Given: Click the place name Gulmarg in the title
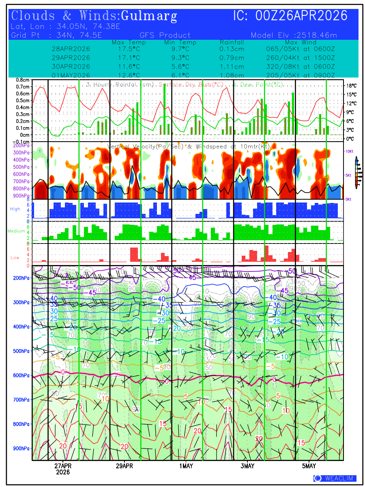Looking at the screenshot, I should (149, 16).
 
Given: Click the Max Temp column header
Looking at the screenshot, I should (129, 42).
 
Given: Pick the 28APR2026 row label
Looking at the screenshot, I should (71, 49).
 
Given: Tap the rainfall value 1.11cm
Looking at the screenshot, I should (232, 67).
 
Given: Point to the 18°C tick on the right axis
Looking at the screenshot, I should (352, 86).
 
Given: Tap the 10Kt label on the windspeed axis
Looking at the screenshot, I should (349, 151).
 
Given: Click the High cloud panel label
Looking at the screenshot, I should (15, 209).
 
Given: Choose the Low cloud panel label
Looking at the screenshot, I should (15, 257).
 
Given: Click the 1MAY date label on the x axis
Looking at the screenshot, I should (186, 466).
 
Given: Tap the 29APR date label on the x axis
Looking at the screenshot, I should (124, 466).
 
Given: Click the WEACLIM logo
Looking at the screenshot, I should (335, 478).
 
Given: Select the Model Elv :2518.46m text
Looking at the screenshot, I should (294, 35).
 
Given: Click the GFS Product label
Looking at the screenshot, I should (165, 35).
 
